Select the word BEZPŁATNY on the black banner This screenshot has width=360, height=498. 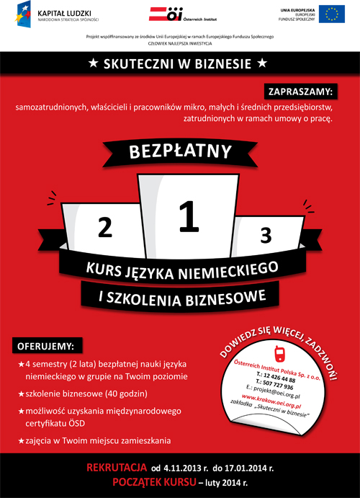click(180, 152)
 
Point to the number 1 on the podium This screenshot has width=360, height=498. click(188, 217)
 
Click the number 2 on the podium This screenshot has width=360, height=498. click(105, 228)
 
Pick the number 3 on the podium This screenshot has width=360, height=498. click(266, 235)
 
